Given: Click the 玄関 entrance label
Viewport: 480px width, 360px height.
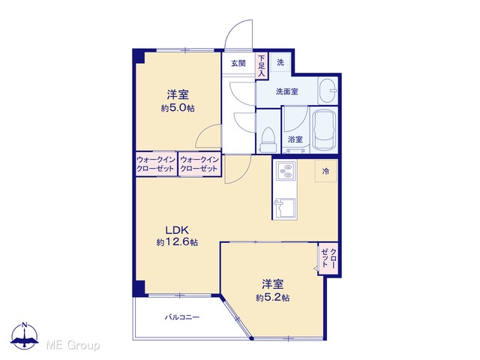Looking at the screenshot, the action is pos(238,63).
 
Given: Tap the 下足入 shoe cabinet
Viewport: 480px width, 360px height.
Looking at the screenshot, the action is pos(262,65).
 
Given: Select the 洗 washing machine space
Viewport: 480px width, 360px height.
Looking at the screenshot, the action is pos(280,62).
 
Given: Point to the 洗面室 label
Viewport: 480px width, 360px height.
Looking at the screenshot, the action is pos(286,91).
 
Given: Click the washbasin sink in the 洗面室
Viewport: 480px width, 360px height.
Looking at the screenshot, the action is pos(328,91).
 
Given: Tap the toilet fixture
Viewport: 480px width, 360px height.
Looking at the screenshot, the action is pos(268,140).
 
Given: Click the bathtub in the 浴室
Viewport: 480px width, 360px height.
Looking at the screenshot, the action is pos(324,130).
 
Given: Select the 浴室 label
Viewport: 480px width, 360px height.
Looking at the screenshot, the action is pos(295,139).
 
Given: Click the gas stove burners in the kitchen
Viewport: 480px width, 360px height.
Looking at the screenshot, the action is pos(286,171).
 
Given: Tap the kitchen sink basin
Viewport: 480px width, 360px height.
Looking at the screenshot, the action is pos(285,208).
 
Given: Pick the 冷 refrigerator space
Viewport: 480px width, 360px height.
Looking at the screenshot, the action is pos(326,171).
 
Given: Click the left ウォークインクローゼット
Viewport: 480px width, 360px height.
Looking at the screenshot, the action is pos(156,164).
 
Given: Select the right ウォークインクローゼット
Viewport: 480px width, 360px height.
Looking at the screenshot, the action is pos(199,164).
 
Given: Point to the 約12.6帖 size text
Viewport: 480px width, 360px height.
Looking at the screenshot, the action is pos(177,242).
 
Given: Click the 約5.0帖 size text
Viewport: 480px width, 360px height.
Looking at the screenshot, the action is pos(178,108).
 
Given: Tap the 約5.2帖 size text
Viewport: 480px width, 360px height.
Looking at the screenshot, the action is pos(273,297).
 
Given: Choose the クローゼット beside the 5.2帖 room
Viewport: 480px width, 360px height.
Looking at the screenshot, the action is pos(328,259).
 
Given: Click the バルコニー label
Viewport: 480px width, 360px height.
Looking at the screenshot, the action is pos(182,317).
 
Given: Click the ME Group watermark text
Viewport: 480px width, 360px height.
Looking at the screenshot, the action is pos(73,345).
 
